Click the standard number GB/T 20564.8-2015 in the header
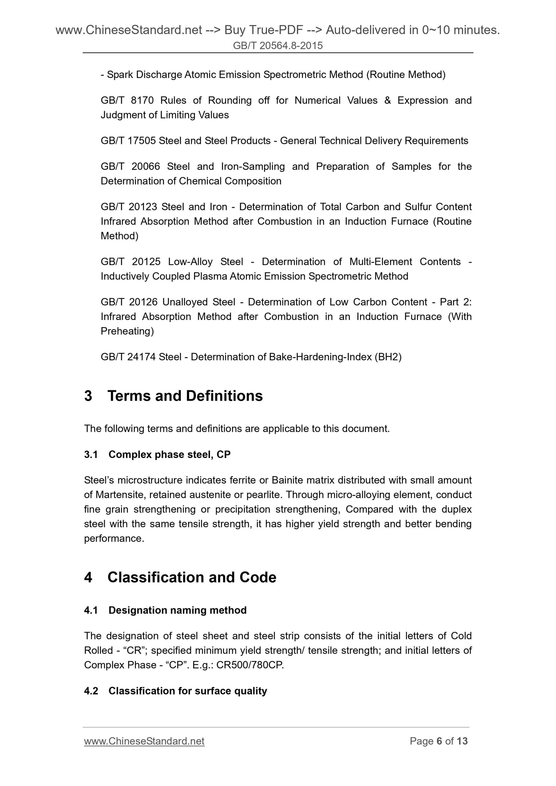(278, 46)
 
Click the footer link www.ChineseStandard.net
(144, 741)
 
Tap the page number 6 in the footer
(439, 741)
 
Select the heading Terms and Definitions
(185, 396)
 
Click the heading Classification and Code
(192, 577)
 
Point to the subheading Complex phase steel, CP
(169, 455)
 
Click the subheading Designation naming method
(177, 610)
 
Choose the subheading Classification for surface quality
(188, 691)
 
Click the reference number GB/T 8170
(127, 100)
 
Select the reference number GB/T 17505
(128, 141)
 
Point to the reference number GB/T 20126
(129, 302)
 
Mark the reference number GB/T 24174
(128, 357)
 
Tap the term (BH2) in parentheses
(387, 357)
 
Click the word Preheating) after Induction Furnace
(127, 331)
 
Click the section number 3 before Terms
(88, 396)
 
